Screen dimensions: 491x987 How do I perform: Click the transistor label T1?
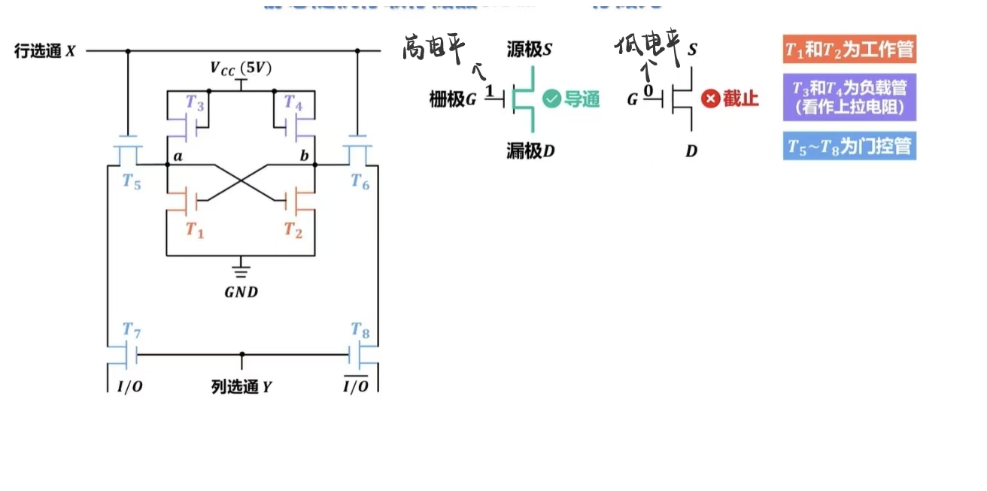click(195, 231)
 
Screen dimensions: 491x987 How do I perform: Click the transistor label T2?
click(293, 231)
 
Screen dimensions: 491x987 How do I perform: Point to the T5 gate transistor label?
click(132, 182)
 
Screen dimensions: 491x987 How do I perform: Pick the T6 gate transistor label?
click(360, 182)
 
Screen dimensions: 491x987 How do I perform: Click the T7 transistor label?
click(132, 329)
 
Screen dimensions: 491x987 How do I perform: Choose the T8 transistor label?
click(360, 329)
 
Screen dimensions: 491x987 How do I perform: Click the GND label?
click(241, 292)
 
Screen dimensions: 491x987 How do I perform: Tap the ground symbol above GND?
click(241, 269)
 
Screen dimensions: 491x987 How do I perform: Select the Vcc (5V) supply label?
click(241, 69)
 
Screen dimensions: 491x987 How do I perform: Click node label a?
click(178, 156)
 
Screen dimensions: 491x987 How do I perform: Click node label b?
click(304, 156)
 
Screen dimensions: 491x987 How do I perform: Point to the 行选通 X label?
click(45, 51)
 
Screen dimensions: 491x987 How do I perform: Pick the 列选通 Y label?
click(241, 387)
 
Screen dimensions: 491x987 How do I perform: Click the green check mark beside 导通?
click(552, 99)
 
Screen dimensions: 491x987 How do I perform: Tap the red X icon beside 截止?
click(710, 99)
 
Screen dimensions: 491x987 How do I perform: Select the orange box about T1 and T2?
click(849, 50)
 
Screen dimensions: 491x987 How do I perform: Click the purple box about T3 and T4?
click(849, 97)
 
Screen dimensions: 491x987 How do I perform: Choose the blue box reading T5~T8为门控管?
click(849, 145)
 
